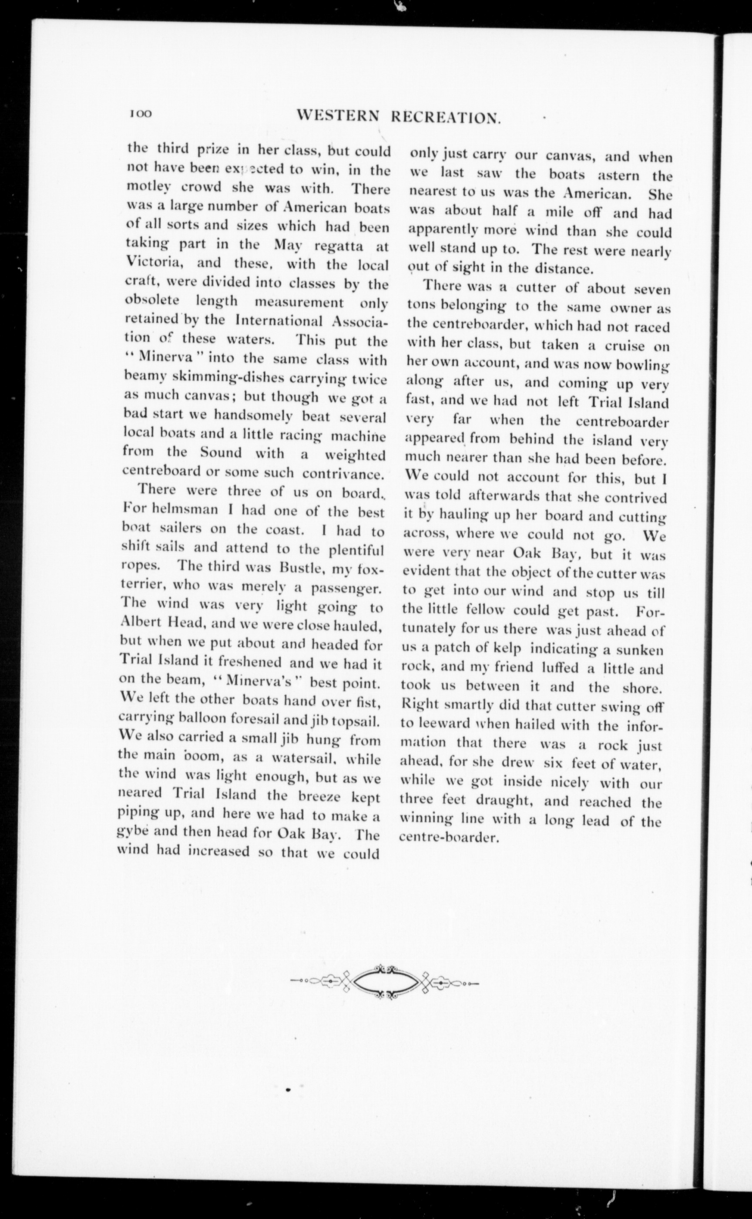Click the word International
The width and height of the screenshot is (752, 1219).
point(280,320)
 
